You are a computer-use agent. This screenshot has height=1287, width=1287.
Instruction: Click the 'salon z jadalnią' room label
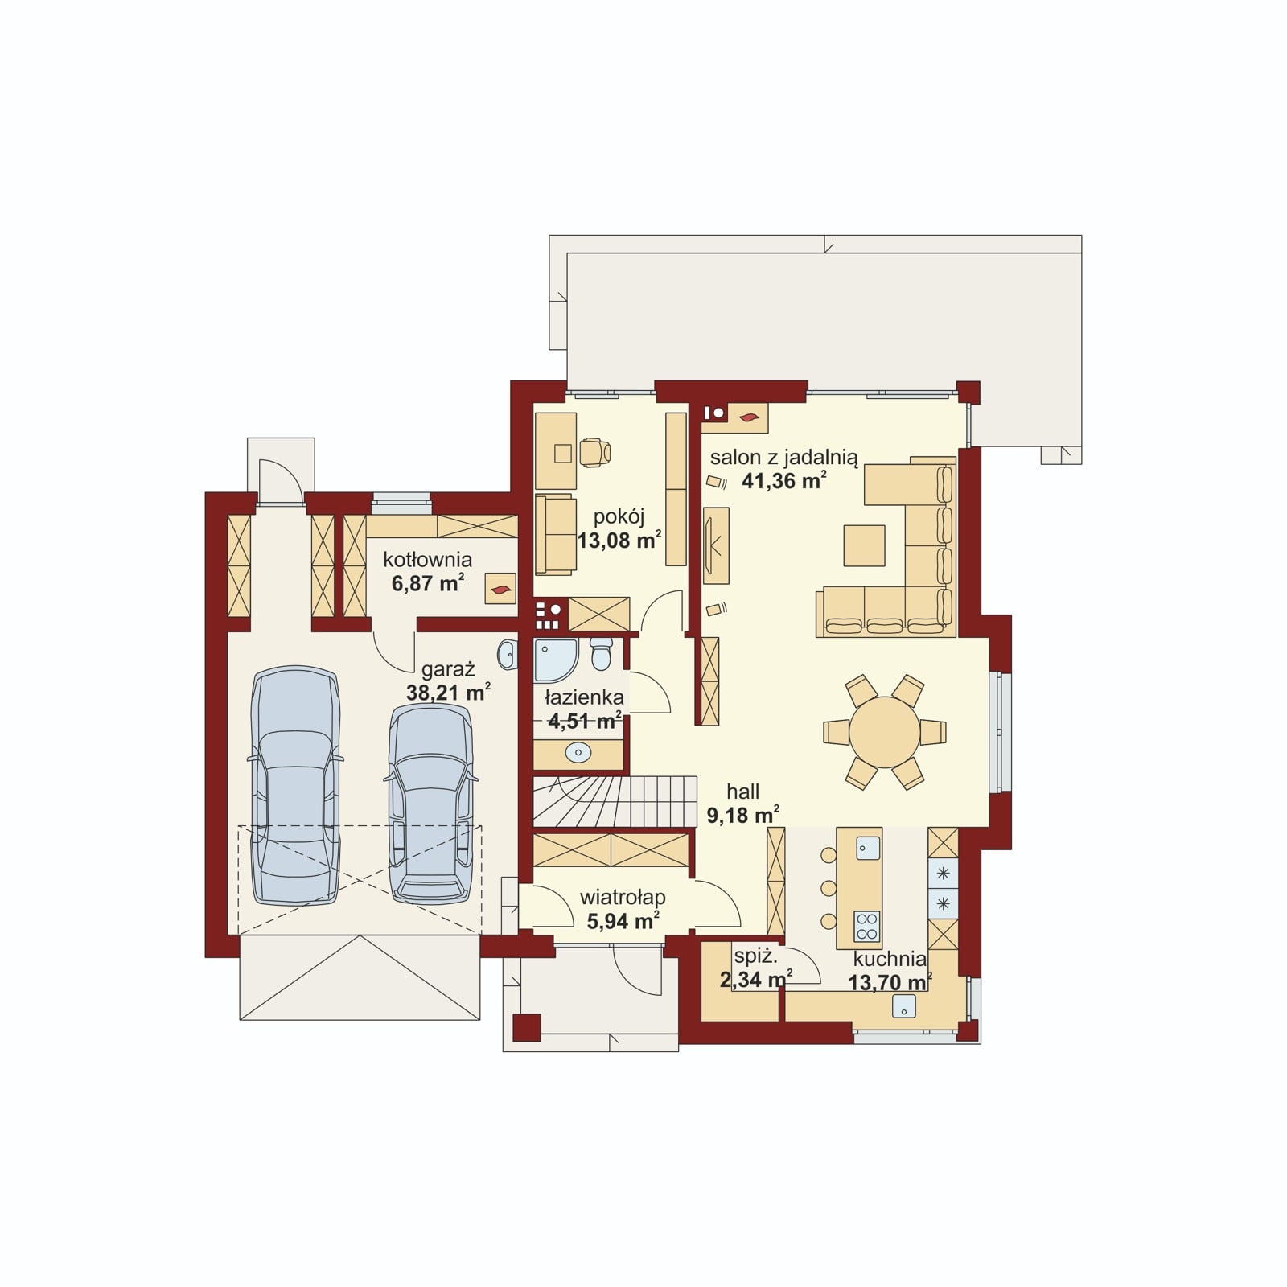pos(783,458)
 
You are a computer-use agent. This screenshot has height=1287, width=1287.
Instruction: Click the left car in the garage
pos(295,785)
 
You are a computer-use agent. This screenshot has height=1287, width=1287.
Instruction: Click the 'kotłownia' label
pos(427,559)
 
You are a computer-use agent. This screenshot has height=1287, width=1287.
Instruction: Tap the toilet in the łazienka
pos(601,653)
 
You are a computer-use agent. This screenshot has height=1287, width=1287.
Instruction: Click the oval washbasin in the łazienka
pos(578,753)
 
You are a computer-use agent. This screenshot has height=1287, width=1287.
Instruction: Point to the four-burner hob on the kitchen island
pos(866,926)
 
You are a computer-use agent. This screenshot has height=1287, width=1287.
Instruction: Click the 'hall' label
pos(742,792)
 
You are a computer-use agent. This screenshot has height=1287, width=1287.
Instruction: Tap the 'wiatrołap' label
pos(623,898)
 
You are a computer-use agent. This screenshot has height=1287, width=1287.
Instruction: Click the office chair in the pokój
pos(596,452)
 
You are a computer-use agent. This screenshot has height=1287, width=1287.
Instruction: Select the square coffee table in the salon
pos(864,545)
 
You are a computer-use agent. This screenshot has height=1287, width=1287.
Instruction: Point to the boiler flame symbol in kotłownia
pos(500,590)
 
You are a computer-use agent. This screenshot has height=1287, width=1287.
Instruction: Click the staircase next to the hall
pos(615,801)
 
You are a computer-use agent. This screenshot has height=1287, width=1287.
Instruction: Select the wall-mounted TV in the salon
pos(716,545)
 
